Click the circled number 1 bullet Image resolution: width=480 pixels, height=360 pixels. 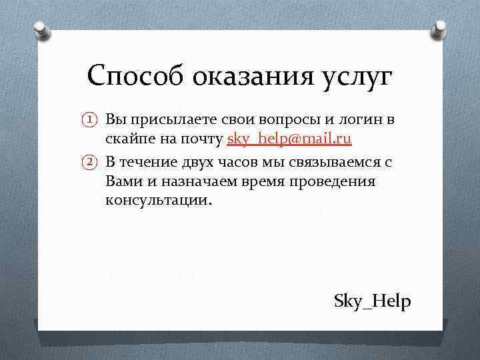coord(91,120)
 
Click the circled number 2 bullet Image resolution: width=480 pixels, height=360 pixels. coord(91,161)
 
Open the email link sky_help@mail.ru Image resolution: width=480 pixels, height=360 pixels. coord(289,139)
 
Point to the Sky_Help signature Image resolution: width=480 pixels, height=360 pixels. coord(373,301)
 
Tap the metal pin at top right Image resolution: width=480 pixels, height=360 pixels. coord(439,28)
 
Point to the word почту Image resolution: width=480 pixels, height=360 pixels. coord(201,139)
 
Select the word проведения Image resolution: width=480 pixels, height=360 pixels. coord(337,181)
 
